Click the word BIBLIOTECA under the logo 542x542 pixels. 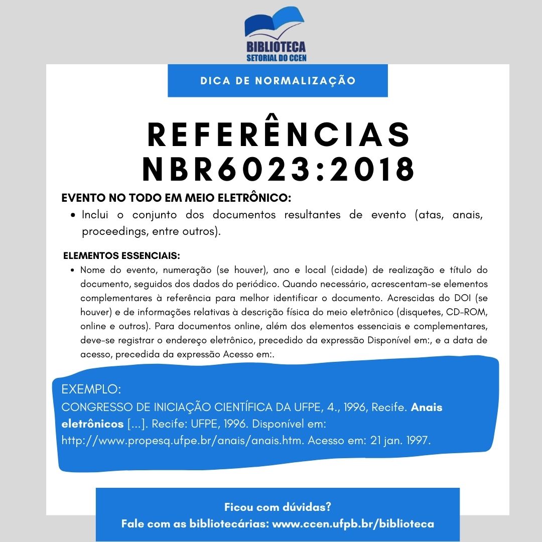click(x=276, y=47)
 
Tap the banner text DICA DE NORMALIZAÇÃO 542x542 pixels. click(x=278, y=81)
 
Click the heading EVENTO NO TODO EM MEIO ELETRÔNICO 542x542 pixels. click(x=176, y=198)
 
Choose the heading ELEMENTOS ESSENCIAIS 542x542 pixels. click(x=121, y=256)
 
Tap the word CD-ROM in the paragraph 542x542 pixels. click(x=468, y=312)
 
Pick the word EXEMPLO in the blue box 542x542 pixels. click(x=91, y=389)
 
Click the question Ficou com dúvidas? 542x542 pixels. click(x=278, y=507)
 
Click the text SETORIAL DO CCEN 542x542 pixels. click(x=277, y=58)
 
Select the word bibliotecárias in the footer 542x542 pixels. click(x=228, y=524)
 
